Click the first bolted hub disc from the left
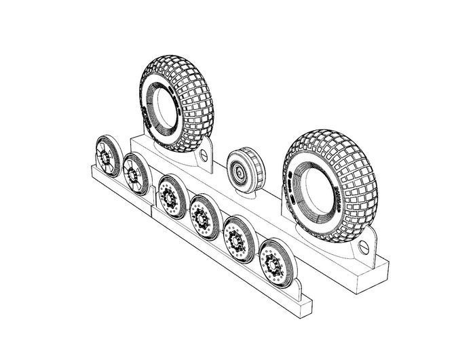pyautogui.click(x=170, y=196)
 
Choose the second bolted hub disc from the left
pyautogui.click(x=202, y=216)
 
